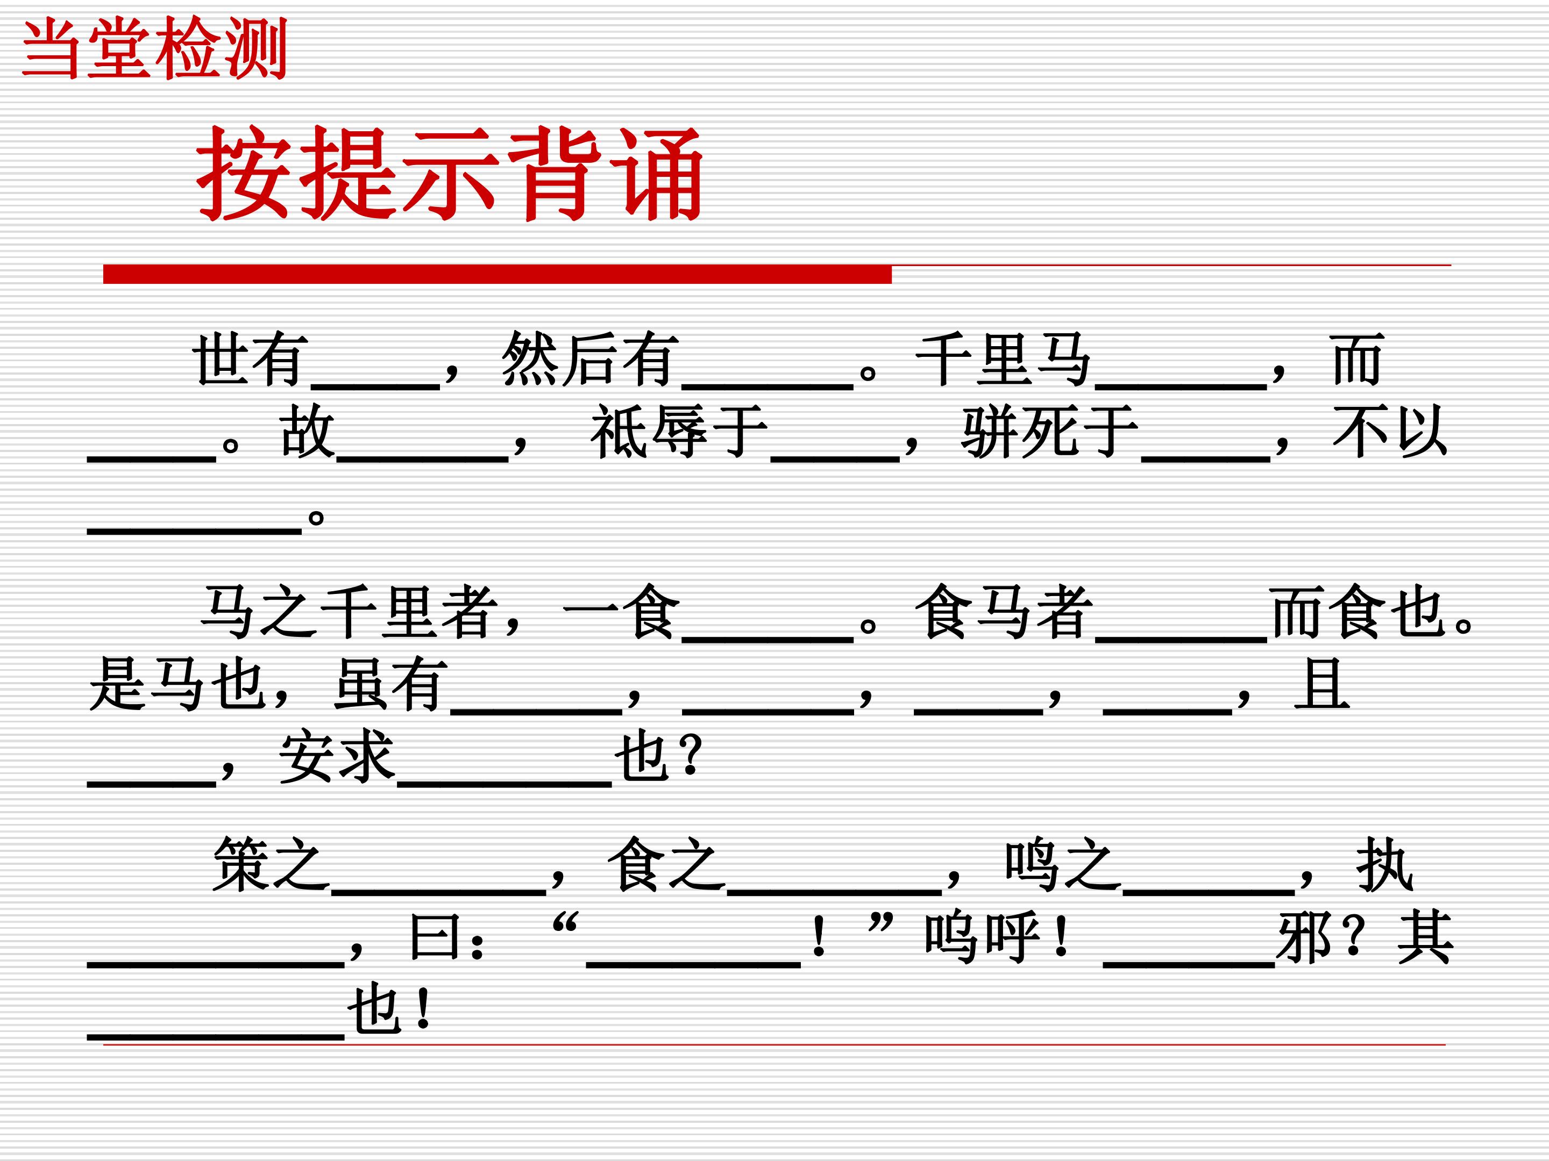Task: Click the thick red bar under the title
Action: tap(497, 274)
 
